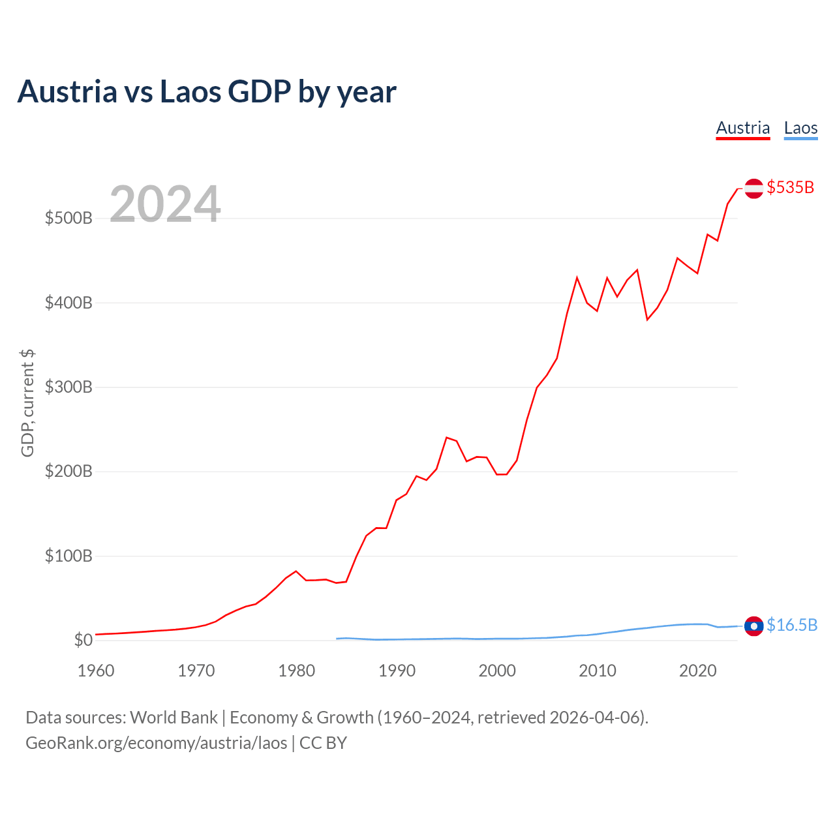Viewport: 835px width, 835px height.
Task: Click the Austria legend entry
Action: tap(743, 129)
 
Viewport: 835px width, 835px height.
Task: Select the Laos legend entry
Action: tap(801, 129)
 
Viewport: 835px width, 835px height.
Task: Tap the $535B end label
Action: tap(791, 187)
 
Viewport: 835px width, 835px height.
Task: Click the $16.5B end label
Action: tap(792, 626)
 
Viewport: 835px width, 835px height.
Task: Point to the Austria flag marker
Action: tap(754, 189)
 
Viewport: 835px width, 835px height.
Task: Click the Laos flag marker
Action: tap(754, 626)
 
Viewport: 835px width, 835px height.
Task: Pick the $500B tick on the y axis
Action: tap(68, 218)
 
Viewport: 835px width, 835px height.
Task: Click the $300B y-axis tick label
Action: tap(68, 387)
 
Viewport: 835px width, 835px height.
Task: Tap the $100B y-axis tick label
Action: tap(68, 556)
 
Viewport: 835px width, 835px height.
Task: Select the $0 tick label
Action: tap(83, 640)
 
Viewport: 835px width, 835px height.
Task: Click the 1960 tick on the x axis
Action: tap(96, 671)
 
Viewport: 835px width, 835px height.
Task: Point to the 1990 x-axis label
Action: tap(397, 671)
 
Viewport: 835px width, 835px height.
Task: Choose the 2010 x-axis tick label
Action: tap(598, 671)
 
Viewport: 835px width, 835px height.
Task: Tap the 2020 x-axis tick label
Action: tap(697, 671)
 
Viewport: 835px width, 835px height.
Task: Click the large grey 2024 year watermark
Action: tap(165, 204)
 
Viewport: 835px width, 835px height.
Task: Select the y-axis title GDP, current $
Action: tap(27, 403)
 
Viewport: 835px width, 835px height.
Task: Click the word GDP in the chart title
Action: tap(260, 91)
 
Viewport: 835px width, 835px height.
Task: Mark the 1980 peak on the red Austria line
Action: tap(296, 571)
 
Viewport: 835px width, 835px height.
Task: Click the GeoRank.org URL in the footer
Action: tap(157, 743)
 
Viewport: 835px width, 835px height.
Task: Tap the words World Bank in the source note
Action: tap(174, 718)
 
